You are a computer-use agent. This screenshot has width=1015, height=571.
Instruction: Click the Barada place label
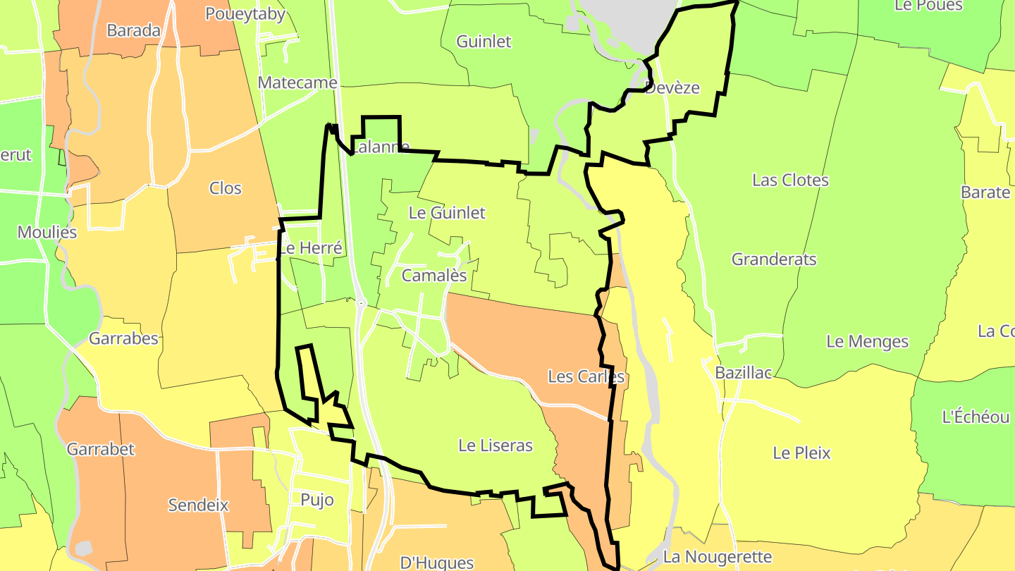tap(134, 30)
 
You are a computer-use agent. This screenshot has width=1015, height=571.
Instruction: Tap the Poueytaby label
tap(245, 13)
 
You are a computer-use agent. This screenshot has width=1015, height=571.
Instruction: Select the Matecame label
tap(297, 82)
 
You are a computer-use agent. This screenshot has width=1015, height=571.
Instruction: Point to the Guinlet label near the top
tap(484, 41)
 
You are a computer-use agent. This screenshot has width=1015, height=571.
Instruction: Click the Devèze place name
tap(672, 87)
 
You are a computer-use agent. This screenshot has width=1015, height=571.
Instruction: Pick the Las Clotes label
tap(790, 180)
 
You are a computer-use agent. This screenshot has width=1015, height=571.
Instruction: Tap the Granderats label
tap(774, 259)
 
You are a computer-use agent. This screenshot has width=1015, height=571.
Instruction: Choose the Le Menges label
tap(868, 341)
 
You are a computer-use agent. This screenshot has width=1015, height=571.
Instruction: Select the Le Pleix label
tap(802, 453)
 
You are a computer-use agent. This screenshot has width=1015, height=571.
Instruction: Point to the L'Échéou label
tap(976, 417)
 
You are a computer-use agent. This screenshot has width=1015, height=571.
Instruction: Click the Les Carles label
tap(586, 376)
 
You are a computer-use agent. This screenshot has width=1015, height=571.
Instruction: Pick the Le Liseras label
tap(496, 445)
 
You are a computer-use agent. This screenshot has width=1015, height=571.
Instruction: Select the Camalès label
tap(434, 276)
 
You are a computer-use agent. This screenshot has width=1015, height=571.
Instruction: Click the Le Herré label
tap(310, 247)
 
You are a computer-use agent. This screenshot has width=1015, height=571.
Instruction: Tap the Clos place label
tap(226, 188)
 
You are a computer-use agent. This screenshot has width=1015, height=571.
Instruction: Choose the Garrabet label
tap(100, 448)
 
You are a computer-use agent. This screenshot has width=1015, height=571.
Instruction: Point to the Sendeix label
tap(198, 505)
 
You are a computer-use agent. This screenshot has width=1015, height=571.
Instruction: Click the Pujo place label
tap(317, 500)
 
